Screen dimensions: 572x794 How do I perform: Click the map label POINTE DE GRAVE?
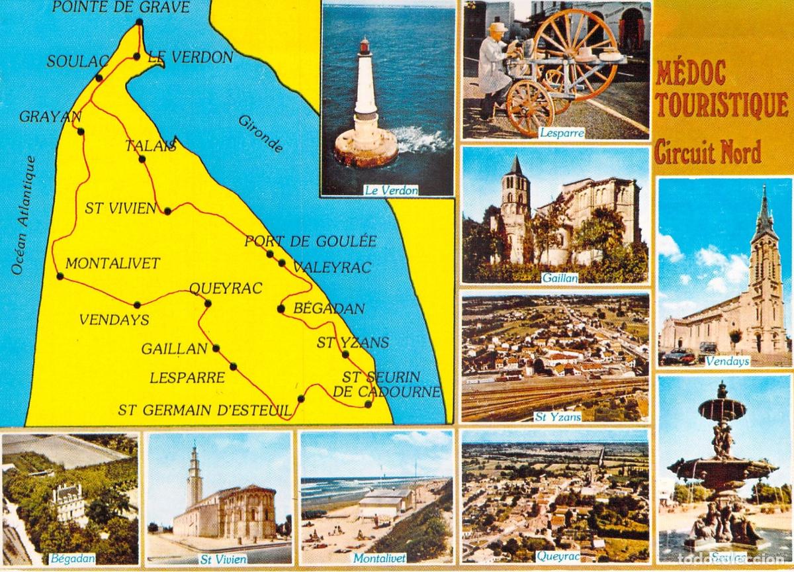coord(121,8)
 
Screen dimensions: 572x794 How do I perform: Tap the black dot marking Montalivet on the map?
coord(60,276)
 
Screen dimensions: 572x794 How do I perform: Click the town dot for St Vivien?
coord(167,211)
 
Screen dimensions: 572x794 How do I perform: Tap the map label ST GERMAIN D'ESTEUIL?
coord(204,410)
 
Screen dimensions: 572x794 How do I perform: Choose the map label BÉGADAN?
coord(329,309)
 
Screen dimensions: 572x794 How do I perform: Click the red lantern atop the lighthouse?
coord(365,46)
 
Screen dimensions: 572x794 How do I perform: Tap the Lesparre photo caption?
coord(561,132)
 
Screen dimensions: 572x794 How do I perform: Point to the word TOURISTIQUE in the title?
coord(722,105)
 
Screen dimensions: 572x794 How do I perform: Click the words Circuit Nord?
coord(707,152)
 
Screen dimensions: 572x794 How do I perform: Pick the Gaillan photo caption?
coord(560,278)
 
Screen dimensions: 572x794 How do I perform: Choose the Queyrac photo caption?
coord(558,557)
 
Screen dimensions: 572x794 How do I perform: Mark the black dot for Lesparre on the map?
coord(233,366)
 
